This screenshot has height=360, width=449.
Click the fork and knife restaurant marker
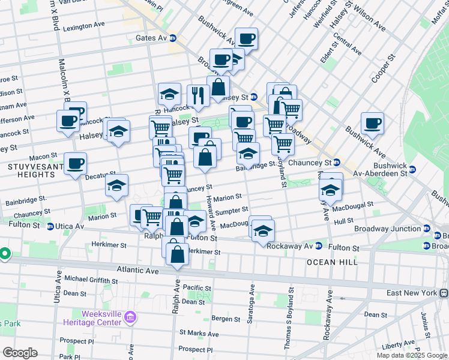[198, 95]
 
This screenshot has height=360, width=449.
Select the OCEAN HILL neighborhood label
[332, 262]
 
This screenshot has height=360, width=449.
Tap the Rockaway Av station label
[291, 246]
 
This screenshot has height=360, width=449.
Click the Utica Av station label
[71, 226]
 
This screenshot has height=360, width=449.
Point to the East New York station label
[413, 293]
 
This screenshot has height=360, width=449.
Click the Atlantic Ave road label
[138, 271]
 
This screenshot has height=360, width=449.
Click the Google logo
[20, 353]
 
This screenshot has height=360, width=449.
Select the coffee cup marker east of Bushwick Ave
[372, 124]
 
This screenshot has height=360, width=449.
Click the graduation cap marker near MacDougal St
[263, 230]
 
